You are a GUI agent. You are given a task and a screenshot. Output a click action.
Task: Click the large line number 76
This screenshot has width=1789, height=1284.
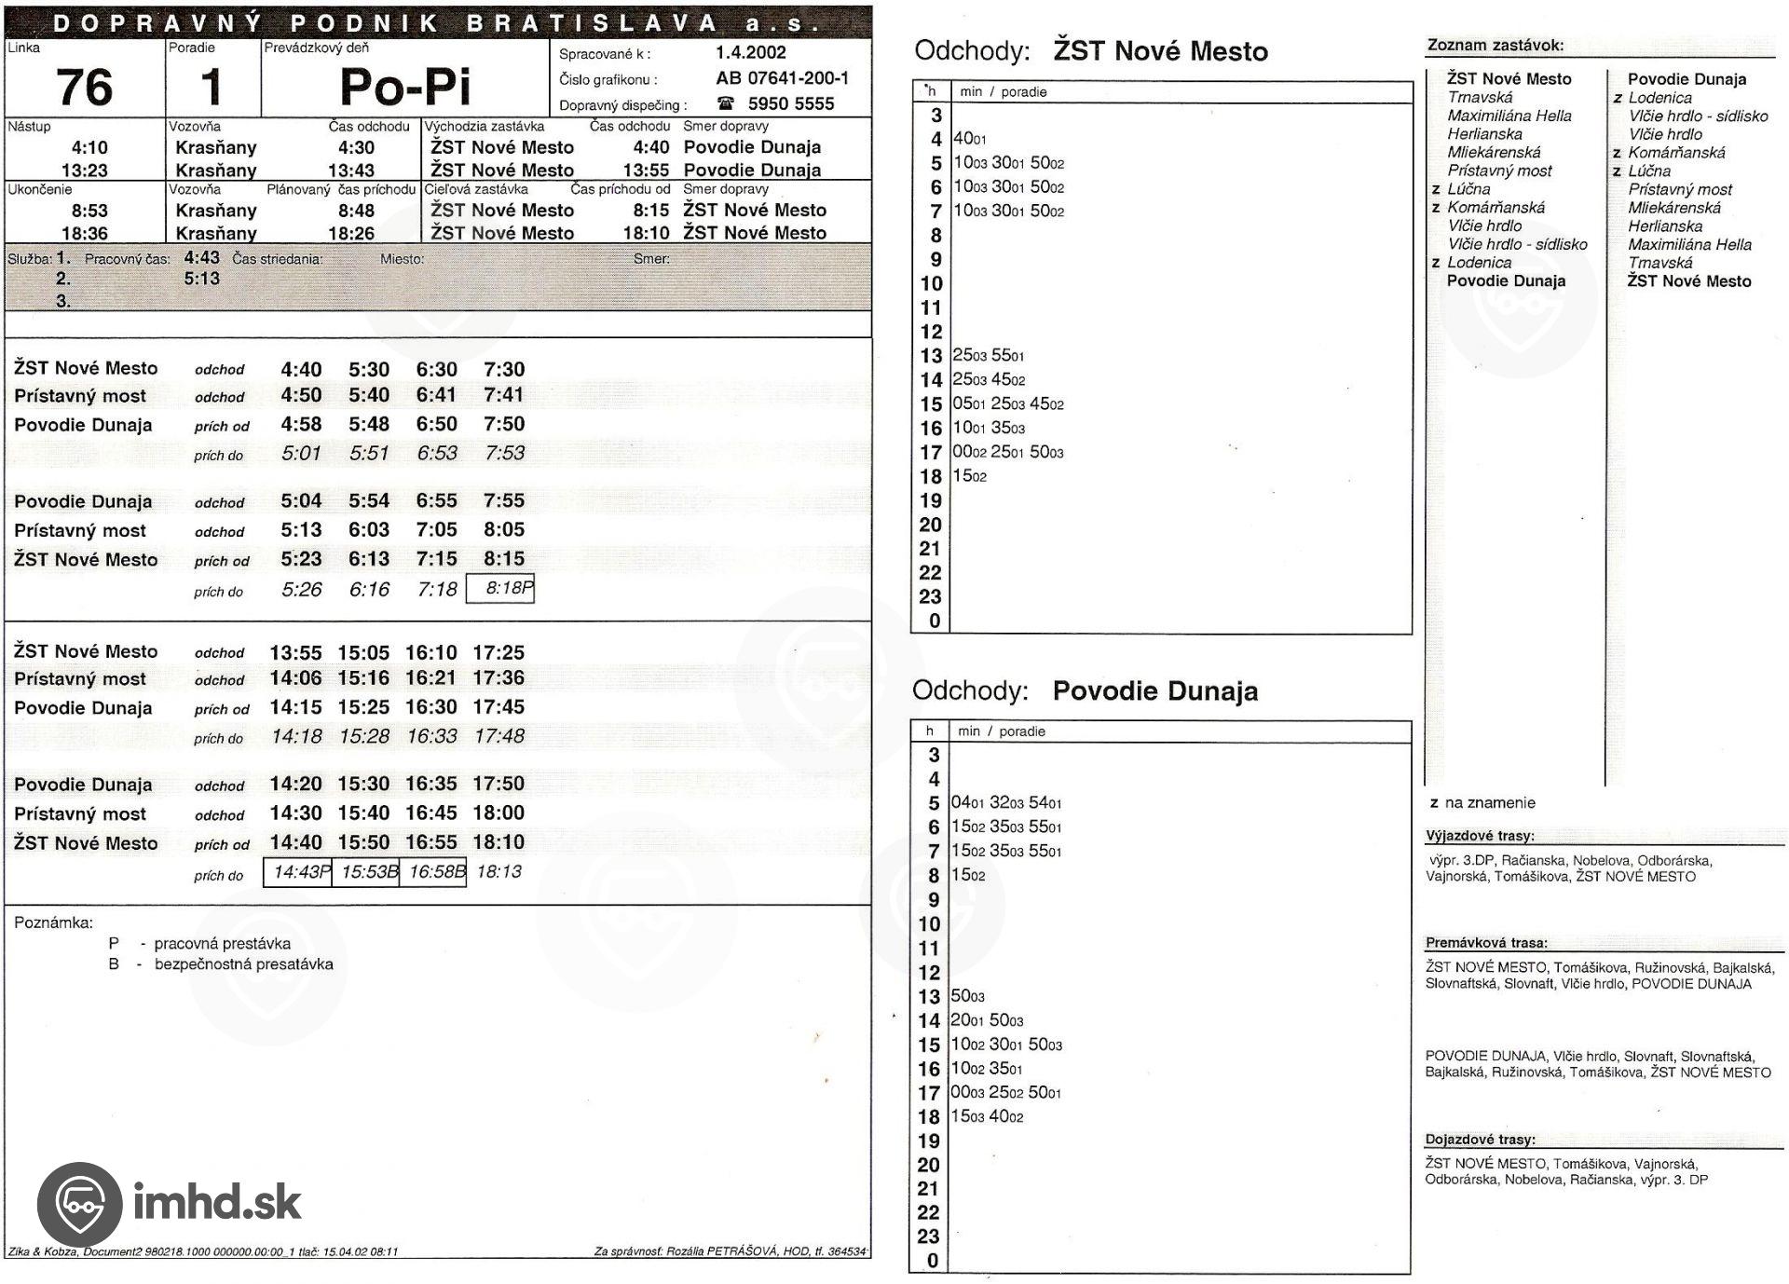[x=85, y=88]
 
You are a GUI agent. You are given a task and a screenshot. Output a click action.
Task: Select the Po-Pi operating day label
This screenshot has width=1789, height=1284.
[x=405, y=88]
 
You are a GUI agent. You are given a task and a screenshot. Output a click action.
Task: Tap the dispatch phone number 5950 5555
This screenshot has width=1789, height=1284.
[x=790, y=103]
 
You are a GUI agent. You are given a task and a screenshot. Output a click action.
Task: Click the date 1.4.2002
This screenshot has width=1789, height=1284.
[x=750, y=53]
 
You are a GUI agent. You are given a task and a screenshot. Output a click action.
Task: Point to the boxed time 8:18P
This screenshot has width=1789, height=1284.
[x=500, y=589]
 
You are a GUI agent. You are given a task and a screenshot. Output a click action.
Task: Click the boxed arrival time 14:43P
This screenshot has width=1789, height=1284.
[x=298, y=872]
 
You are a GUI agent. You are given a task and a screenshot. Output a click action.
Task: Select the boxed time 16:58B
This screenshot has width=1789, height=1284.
[x=433, y=872]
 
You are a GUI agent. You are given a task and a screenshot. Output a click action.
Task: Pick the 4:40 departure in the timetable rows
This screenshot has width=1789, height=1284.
[x=301, y=370]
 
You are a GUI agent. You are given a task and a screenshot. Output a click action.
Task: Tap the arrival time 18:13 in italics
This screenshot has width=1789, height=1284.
[x=498, y=872]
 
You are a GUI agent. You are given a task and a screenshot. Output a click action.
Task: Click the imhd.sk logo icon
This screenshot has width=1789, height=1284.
[x=79, y=1204]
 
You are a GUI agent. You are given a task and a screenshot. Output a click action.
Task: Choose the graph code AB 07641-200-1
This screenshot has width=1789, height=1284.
[x=782, y=78]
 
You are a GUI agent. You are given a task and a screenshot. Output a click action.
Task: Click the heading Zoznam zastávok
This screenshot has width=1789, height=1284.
[x=1495, y=45]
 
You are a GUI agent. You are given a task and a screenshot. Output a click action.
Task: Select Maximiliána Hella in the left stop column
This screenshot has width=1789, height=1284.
[x=1509, y=116]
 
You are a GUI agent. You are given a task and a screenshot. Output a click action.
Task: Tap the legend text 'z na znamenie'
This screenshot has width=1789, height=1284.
[x=1482, y=803]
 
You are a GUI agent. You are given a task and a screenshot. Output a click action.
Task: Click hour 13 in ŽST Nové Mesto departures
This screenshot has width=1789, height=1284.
[x=931, y=356]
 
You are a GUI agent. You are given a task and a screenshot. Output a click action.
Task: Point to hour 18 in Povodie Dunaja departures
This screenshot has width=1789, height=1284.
[x=929, y=1117]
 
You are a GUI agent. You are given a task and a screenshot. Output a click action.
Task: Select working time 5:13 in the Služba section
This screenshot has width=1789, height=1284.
[x=201, y=279]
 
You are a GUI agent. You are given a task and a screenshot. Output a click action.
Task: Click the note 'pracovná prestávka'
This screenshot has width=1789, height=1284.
[x=222, y=944]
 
